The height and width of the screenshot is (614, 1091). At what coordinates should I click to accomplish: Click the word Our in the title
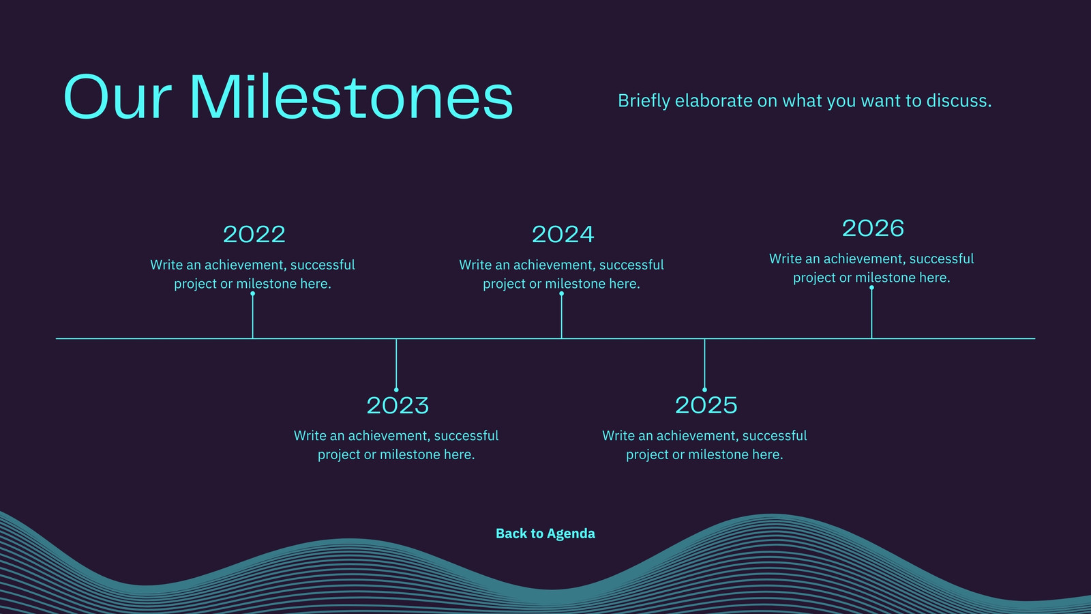[117, 96]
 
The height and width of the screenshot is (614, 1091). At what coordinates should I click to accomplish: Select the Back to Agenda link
[545, 533]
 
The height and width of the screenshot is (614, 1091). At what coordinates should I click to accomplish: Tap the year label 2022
[254, 235]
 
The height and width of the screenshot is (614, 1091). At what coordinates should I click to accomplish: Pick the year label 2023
[398, 405]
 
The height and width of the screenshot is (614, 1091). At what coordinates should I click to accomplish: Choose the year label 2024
[563, 235]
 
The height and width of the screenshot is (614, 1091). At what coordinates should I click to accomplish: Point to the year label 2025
[706, 405]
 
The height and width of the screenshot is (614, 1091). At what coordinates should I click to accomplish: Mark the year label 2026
[873, 229]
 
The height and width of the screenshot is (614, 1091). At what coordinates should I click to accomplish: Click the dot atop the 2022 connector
[253, 294]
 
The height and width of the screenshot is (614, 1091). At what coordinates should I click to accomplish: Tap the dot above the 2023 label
[396, 390]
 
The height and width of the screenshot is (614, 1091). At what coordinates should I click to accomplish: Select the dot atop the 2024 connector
[562, 294]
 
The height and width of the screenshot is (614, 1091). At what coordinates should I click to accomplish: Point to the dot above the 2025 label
[705, 390]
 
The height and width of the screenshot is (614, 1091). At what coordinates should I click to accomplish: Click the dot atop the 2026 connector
[872, 287]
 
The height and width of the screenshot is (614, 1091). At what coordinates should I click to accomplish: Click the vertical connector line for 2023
[396, 364]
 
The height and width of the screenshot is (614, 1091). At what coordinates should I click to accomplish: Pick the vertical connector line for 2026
[872, 313]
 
